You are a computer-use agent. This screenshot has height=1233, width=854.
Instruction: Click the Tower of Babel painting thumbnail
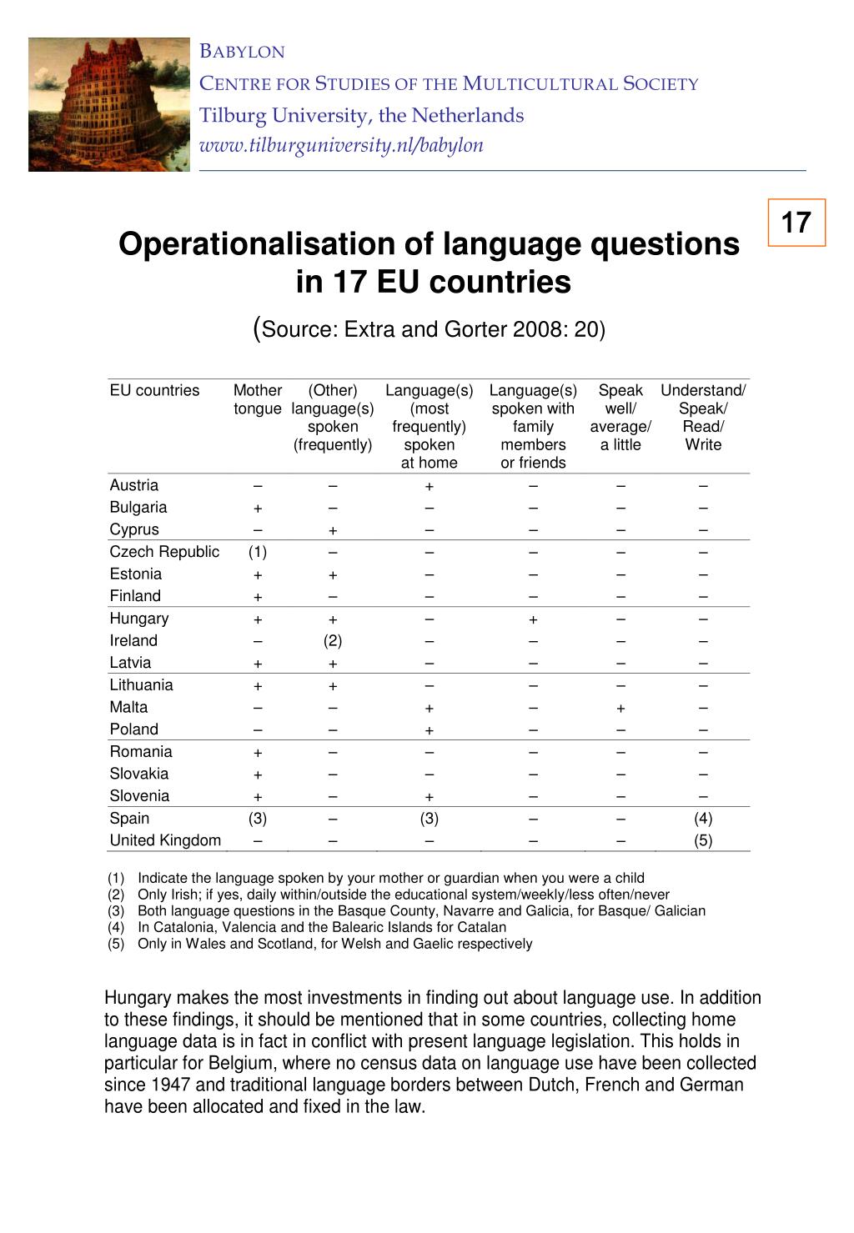click(x=109, y=104)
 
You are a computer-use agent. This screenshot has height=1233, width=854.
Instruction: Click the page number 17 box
click(x=796, y=223)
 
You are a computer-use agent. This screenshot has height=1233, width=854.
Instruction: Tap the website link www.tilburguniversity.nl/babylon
click(x=341, y=145)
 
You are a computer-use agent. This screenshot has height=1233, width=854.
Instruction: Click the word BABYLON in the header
click(x=243, y=52)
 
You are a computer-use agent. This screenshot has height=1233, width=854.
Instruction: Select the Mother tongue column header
click(x=258, y=399)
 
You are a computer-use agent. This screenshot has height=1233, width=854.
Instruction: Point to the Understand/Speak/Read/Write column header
click(x=703, y=417)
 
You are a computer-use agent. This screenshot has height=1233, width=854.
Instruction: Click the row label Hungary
click(x=139, y=619)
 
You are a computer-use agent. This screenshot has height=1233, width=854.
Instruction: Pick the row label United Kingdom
click(x=165, y=840)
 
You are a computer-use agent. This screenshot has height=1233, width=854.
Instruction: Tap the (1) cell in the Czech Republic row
click(x=258, y=552)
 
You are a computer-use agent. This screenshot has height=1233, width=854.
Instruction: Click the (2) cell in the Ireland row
click(x=333, y=641)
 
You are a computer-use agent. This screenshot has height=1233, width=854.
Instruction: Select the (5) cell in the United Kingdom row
click(x=703, y=841)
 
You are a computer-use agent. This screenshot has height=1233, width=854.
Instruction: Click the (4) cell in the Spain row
click(x=703, y=819)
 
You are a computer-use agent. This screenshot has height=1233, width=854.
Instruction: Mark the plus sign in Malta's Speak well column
click(x=620, y=709)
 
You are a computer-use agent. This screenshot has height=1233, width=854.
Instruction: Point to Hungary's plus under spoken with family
click(x=533, y=619)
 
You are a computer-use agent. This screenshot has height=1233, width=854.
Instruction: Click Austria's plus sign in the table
click(x=429, y=487)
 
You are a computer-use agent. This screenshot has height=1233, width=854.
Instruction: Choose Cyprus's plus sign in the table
click(x=333, y=531)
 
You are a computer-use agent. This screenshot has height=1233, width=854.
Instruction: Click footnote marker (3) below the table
click(x=116, y=910)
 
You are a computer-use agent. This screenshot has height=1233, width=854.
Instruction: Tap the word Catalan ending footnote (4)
click(x=483, y=927)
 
